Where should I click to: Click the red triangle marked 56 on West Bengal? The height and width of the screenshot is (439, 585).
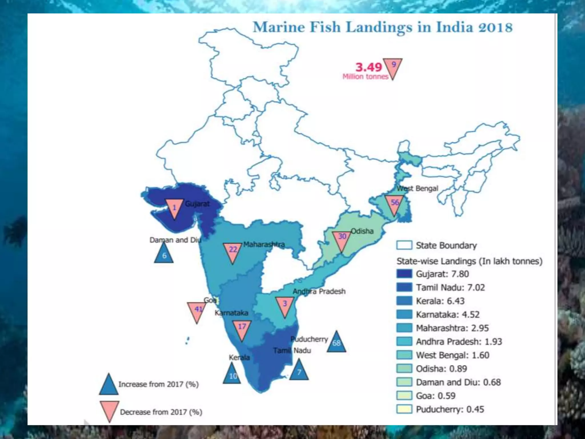(x=394, y=203)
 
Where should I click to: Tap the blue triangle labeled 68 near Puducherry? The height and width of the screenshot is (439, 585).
(x=336, y=343)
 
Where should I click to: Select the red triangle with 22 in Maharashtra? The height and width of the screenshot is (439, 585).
(x=233, y=251)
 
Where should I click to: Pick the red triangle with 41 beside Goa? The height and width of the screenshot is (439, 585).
(x=197, y=310)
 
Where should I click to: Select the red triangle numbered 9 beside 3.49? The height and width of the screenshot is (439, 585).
(x=393, y=67)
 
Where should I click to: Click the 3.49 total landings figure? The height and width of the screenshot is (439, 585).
(x=368, y=67)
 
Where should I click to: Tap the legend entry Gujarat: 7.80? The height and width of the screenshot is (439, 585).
(x=442, y=274)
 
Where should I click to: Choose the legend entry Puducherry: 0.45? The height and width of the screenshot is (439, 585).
(x=450, y=409)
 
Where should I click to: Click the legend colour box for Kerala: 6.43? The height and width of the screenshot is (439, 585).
(x=404, y=301)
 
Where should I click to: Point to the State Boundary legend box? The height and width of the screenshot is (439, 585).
(x=404, y=245)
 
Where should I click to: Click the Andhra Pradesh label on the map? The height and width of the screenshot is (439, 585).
(x=319, y=291)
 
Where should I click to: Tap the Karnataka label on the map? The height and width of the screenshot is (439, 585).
(x=231, y=313)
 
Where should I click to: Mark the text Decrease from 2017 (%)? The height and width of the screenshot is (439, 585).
(x=161, y=412)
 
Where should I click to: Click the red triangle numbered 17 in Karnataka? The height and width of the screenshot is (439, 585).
(x=242, y=329)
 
